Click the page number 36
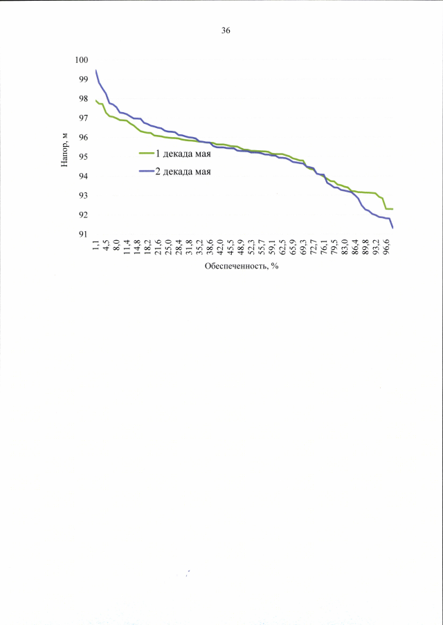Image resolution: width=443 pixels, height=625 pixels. [226, 30]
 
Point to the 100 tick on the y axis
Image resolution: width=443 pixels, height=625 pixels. [82, 60]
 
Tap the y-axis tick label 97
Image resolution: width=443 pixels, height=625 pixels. [84, 118]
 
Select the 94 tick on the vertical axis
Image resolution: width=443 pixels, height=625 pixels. [84, 176]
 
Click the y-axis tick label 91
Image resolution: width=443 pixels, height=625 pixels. [84, 235]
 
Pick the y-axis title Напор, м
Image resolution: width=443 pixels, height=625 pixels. [65, 147]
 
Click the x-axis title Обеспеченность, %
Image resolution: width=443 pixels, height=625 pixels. [241, 266]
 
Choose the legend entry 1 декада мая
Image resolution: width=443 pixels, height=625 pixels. [183, 154]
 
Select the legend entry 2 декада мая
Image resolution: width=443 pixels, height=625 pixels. [183, 171]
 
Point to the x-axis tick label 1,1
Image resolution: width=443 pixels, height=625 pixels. [96, 244]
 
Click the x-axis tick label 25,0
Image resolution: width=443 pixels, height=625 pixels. [168, 246]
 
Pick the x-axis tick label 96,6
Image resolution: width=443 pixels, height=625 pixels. [386, 246]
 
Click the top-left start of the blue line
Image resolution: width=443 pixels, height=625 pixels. [96, 71]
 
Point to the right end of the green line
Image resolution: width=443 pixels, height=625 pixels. [392, 208]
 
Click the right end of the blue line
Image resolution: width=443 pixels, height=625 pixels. [392, 228]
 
